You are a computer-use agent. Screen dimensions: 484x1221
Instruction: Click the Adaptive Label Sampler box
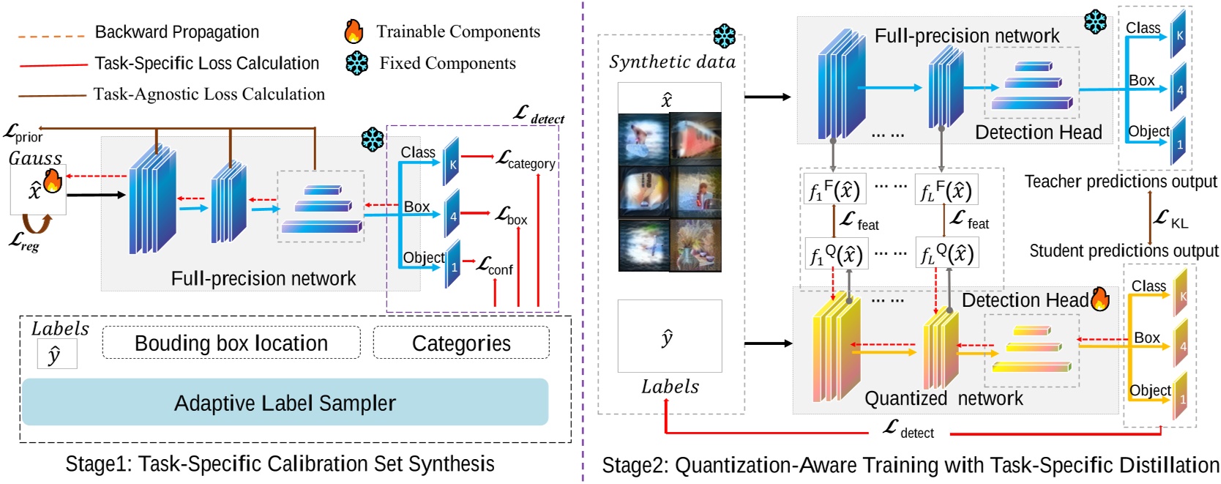click(285, 402)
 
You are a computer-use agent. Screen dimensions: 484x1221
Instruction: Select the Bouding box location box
click(231, 343)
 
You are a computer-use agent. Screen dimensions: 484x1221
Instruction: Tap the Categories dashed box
click(461, 343)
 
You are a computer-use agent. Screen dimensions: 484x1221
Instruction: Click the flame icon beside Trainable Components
click(354, 31)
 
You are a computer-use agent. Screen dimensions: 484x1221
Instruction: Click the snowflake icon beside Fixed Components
click(357, 63)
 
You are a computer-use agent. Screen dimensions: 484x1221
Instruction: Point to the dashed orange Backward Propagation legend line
click(51, 34)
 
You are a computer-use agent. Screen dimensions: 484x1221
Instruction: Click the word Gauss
click(35, 157)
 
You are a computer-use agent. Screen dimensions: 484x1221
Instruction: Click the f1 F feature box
click(834, 190)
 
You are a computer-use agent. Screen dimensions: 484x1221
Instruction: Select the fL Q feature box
click(946, 254)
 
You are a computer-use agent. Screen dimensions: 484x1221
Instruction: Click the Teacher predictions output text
click(1120, 182)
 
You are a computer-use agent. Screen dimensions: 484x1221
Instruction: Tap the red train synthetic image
click(695, 138)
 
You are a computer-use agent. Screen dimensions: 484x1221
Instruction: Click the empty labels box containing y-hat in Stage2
click(669, 336)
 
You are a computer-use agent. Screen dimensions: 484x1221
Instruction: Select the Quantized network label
click(944, 398)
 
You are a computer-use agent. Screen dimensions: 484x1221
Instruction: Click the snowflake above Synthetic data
click(724, 37)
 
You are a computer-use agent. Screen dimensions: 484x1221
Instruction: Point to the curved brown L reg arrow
click(36, 222)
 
